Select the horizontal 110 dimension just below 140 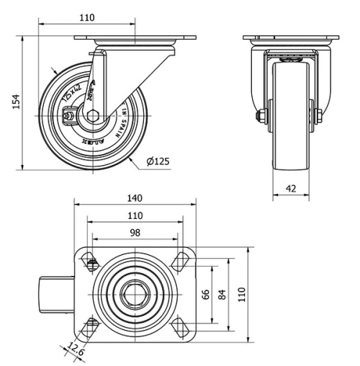click(x=135, y=215)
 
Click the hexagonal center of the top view click(x=135, y=294)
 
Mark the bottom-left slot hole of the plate click(x=91, y=326)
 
